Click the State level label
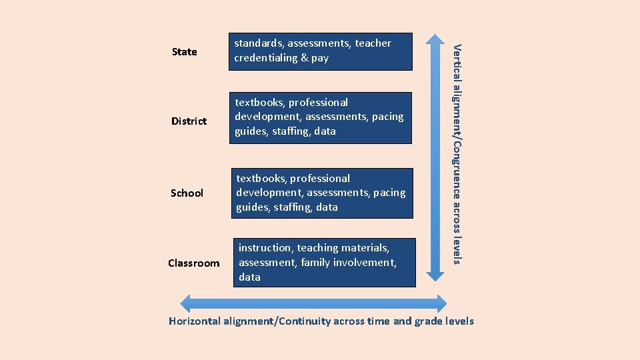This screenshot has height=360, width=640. point(184,51)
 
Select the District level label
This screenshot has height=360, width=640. point(189,121)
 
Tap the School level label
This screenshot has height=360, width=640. point(187,193)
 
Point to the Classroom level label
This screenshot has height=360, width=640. point(193,263)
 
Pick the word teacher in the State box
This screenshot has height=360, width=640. point(373,43)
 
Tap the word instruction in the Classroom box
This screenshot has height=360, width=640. point(265,247)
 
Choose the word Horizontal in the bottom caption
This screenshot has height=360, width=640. point(194,321)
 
